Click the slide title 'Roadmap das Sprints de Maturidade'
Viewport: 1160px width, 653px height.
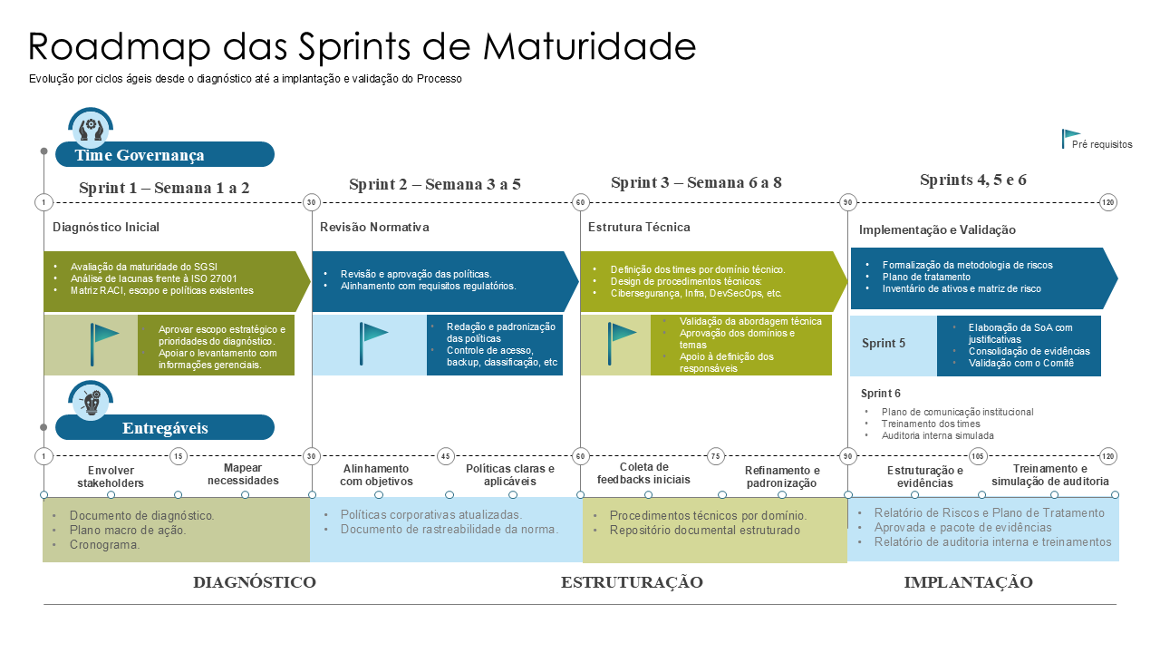(x=362, y=46)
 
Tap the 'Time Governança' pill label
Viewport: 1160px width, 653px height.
(x=140, y=155)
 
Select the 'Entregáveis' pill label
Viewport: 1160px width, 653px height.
(x=165, y=428)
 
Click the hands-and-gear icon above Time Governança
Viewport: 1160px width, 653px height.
(x=91, y=128)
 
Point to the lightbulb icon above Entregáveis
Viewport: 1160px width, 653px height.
(x=91, y=401)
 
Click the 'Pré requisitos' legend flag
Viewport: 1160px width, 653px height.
(x=1071, y=139)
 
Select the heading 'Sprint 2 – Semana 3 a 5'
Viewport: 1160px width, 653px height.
(x=434, y=184)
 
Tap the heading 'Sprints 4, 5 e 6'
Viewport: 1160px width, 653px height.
(x=972, y=180)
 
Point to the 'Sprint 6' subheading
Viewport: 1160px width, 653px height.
(x=880, y=394)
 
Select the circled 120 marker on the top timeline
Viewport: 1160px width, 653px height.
(x=1107, y=202)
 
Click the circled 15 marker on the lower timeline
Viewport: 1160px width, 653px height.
(x=179, y=456)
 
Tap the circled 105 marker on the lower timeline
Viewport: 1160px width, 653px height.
(x=978, y=456)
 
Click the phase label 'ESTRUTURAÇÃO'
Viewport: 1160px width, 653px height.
(x=632, y=582)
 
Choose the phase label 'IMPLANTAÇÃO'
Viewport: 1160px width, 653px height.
(x=968, y=582)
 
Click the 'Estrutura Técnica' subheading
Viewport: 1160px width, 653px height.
(x=639, y=228)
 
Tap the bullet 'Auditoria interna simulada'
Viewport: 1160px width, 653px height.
(x=937, y=435)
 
